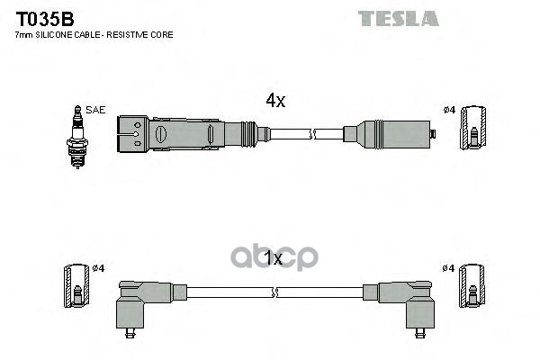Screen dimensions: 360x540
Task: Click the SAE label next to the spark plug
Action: [95, 110]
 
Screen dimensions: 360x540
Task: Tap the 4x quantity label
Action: [274, 102]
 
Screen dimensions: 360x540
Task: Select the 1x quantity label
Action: [274, 259]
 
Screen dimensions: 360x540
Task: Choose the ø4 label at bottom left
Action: [100, 268]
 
